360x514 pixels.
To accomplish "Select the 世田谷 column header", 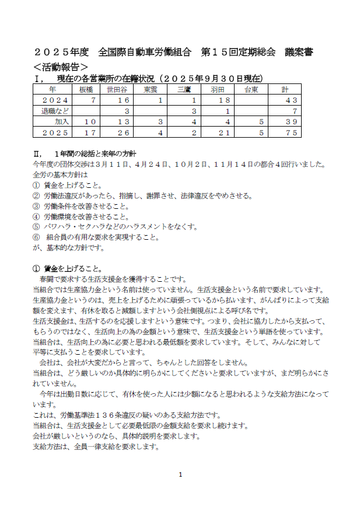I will [x=117, y=90].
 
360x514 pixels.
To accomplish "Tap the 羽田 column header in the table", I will [x=217, y=90].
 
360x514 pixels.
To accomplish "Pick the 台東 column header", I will [x=251, y=90].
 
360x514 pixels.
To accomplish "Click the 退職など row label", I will [x=52, y=111].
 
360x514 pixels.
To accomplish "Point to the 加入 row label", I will [x=61, y=121].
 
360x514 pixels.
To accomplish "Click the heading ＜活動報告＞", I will [x=61, y=67].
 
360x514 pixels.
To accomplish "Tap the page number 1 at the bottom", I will [x=180, y=474].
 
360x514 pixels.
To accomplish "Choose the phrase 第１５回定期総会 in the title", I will [x=237, y=52].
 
